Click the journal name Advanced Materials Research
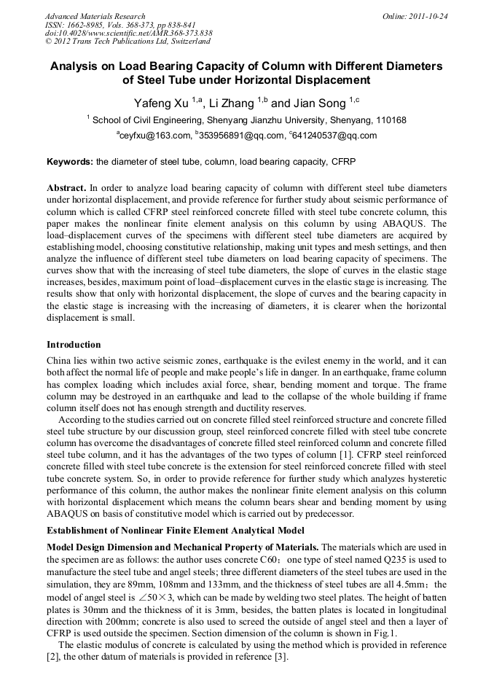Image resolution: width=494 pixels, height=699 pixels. [95, 16]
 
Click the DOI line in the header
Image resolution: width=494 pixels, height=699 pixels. [128, 34]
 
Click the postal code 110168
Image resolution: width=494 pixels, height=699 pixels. [390, 120]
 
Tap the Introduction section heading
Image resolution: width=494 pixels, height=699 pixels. [74, 344]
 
